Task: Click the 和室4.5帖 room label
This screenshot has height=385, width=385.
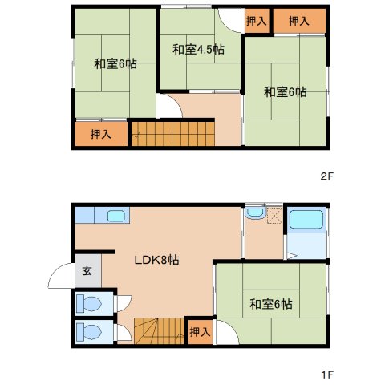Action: click(198, 50)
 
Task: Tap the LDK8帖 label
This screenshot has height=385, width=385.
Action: click(156, 260)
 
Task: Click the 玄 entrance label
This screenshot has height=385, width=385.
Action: click(87, 271)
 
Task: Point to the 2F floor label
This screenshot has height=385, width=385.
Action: click(327, 176)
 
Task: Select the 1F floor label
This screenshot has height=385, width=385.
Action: click(327, 375)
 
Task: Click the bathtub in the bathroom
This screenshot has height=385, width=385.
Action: click(306, 219)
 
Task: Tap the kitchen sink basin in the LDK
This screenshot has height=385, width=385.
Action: click(116, 216)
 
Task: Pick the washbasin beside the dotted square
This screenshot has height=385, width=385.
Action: click(256, 213)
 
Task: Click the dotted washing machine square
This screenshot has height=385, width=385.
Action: click(274, 215)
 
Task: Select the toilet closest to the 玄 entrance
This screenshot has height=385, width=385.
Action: click(89, 303)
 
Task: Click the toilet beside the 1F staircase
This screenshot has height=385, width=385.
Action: click(89, 331)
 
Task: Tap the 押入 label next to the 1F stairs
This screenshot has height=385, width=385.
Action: click(200, 332)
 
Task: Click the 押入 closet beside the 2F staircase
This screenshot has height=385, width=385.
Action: click(101, 134)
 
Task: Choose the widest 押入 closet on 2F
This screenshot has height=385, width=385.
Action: click(299, 21)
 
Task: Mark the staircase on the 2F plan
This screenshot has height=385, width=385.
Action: click(173, 134)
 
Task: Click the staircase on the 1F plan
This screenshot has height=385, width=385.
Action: click(159, 331)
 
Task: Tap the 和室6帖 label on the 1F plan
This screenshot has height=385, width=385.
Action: click(270, 304)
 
